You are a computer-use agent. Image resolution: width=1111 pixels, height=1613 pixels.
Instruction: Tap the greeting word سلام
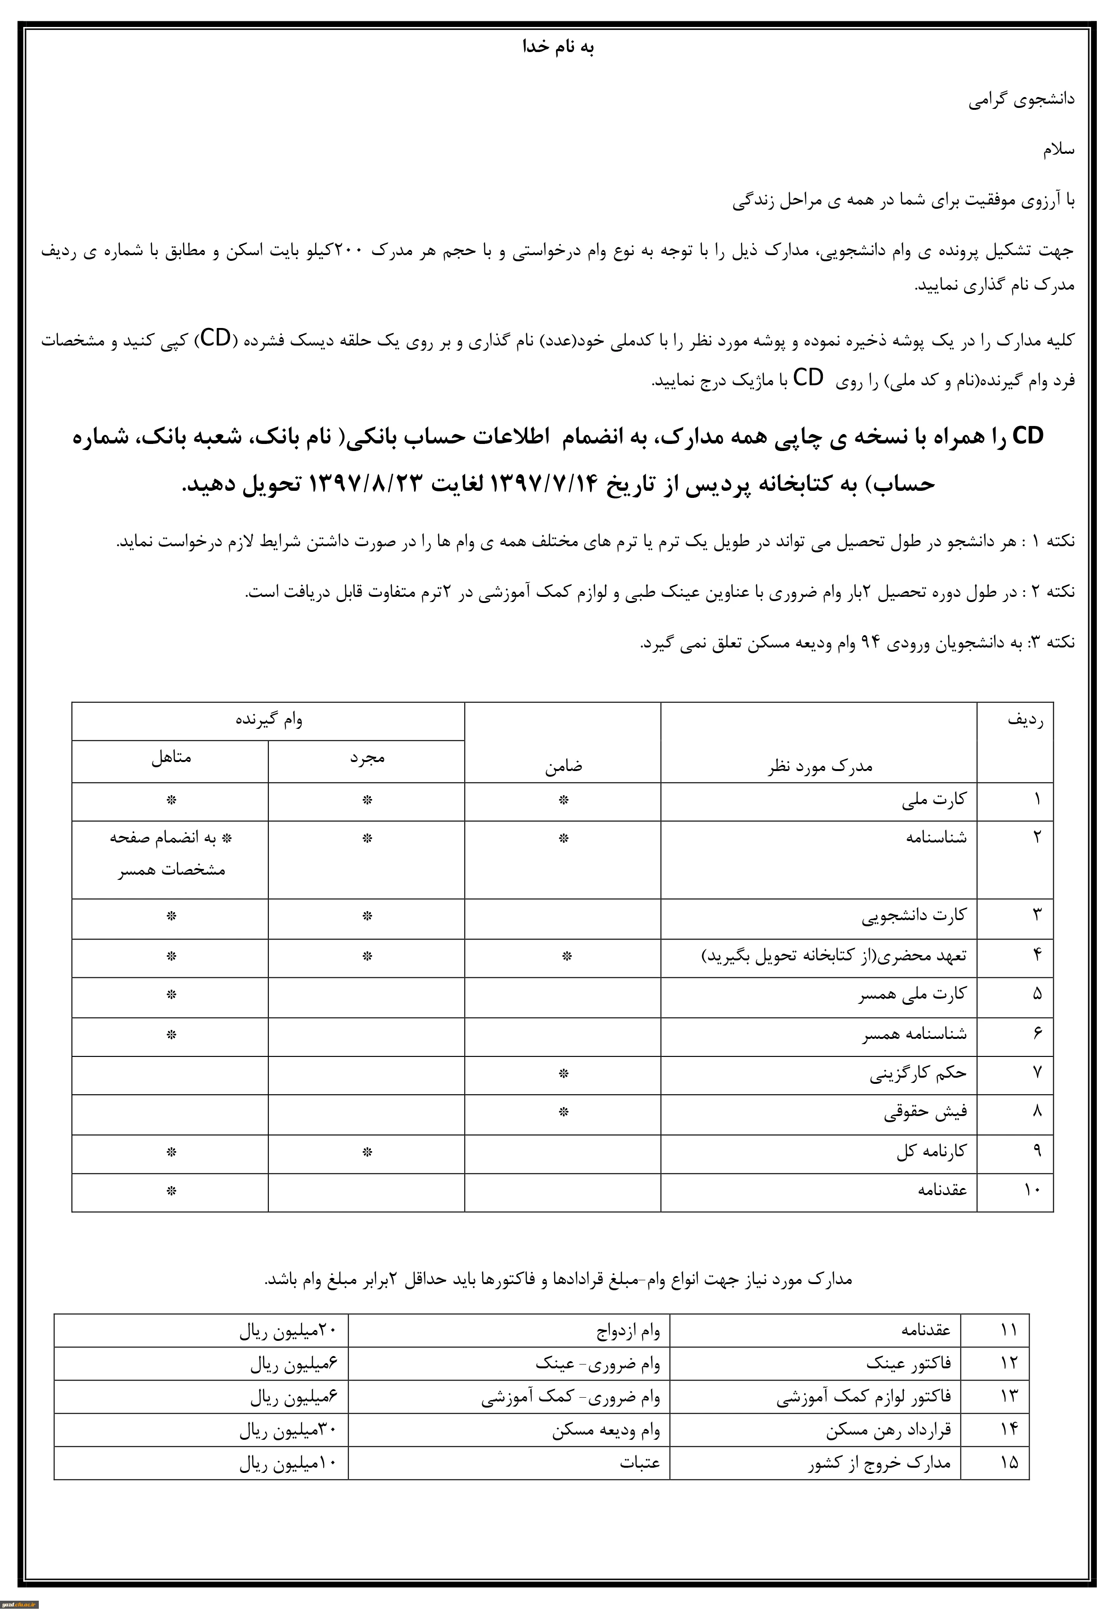pos(1058,150)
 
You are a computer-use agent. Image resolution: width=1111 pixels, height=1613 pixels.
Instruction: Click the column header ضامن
pos(563,766)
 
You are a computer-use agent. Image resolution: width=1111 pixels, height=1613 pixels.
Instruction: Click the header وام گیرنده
pos(269,720)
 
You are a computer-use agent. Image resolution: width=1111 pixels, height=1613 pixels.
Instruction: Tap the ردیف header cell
pos(1025,720)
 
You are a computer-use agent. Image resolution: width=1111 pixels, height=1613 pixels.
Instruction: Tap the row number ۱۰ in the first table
pos(1032,1190)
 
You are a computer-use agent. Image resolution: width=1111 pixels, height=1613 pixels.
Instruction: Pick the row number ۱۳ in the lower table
pos(1009,1397)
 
